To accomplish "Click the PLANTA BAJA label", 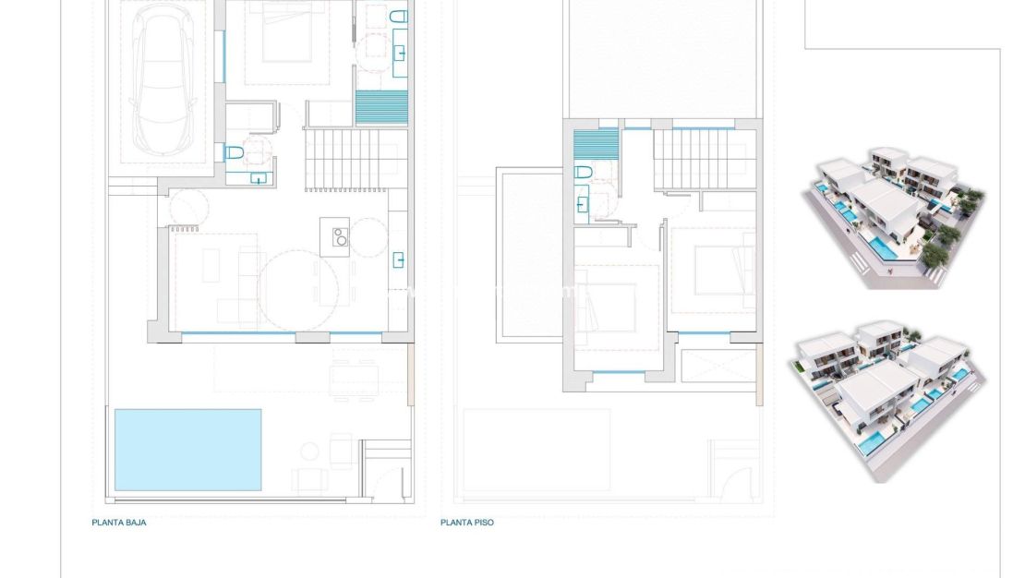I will tap(119, 523).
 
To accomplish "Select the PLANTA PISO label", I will tap(467, 523).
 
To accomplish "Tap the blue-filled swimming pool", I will tap(187, 450).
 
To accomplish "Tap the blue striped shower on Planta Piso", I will tap(596, 144).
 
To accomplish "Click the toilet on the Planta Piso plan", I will tap(584, 173).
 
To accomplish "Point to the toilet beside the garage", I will tap(234, 152).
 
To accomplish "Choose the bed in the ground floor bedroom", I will tap(286, 42).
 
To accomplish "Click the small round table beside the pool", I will tap(309, 451).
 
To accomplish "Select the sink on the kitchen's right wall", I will tap(399, 259).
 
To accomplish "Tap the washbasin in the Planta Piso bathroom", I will tap(582, 203).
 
